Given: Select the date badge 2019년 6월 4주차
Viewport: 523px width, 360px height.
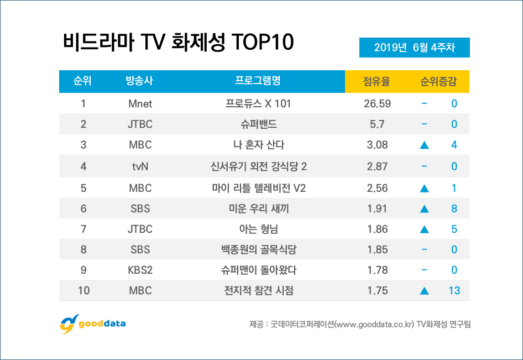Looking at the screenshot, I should pos(414,48).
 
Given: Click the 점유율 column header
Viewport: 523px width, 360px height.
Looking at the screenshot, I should pos(376,82).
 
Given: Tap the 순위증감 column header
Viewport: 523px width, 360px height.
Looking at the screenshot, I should pos(438,82).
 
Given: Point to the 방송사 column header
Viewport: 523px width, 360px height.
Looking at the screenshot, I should pos(139,82).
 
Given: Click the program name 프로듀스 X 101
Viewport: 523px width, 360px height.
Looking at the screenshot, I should pos(258,103).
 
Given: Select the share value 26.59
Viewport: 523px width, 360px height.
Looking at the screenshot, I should pos(376,103).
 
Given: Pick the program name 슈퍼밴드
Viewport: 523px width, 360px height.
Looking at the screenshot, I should pos(258,124).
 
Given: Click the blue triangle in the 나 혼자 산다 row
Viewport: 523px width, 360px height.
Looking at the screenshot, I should pos(424,145).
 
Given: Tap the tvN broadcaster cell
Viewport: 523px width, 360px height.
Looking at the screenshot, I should pos(139,166).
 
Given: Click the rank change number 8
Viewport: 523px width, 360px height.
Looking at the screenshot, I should pos(454,208).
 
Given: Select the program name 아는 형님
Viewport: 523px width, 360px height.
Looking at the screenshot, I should pos(258,229).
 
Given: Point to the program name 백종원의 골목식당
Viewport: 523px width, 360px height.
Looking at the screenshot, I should pos(258,250).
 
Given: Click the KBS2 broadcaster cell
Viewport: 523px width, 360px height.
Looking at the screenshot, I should pos(139,270).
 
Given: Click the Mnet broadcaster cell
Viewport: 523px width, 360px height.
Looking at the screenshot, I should pos(139,103).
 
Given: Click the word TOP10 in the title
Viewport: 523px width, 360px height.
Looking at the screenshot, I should pos(261,43).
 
